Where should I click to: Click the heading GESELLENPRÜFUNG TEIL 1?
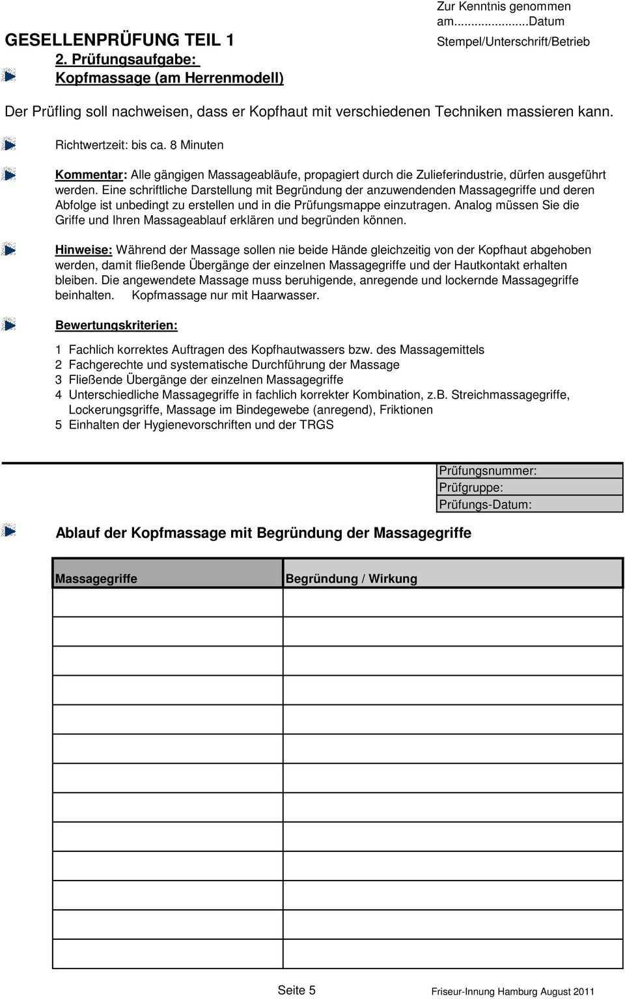tap(120, 40)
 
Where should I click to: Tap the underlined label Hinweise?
tap(83, 250)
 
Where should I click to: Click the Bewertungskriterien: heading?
tap(116, 325)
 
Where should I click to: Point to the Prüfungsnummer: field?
tap(529, 471)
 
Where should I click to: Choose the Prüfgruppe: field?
tap(529, 488)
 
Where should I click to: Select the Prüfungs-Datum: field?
tap(529, 505)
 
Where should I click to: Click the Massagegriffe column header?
tap(96, 579)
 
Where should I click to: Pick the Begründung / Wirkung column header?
tap(351, 579)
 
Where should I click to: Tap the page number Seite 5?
tap(296, 990)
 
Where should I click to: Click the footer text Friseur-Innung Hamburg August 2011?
tap(512, 992)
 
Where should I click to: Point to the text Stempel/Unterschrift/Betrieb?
tap(513, 42)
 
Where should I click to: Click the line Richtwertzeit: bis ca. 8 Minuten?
tap(139, 145)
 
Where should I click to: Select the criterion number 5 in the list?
tap(59, 425)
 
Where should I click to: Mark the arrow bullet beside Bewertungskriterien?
tap(8, 324)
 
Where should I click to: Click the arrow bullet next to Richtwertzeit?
tap(8, 144)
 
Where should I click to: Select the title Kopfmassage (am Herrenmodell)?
tap(169, 78)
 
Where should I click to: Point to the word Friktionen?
tap(406, 410)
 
